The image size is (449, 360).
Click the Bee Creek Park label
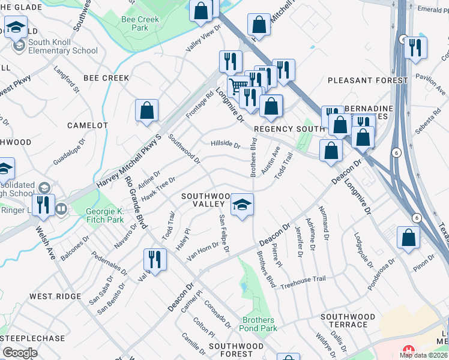click(x=140, y=23)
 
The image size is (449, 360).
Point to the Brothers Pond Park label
click(x=259, y=324)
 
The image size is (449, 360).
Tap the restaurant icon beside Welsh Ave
click(x=43, y=205)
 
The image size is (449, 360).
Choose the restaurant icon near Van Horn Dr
click(x=155, y=260)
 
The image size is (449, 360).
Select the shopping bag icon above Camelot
click(x=146, y=111)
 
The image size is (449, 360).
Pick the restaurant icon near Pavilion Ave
click(x=415, y=48)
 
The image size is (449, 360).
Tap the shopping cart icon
click(x=238, y=85)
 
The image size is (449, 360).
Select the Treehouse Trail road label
click(x=303, y=279)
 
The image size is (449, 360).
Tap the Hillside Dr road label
click(x=225, y=145)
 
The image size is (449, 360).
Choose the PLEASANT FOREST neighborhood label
click(x=358, y=80)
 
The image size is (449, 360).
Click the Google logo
click(x=20, y=353)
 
